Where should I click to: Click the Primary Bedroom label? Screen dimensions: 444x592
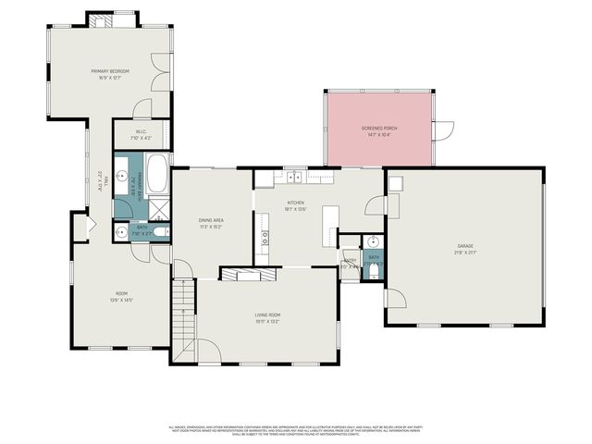click(109, 71)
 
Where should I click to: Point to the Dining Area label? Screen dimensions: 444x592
click(212, 220)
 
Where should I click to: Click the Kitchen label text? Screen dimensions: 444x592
click(296, 202)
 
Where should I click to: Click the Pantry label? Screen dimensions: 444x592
click(350, 261)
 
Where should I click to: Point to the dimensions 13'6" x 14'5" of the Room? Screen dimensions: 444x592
click(121, 300)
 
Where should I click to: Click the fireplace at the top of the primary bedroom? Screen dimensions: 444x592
click(109, 19)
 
